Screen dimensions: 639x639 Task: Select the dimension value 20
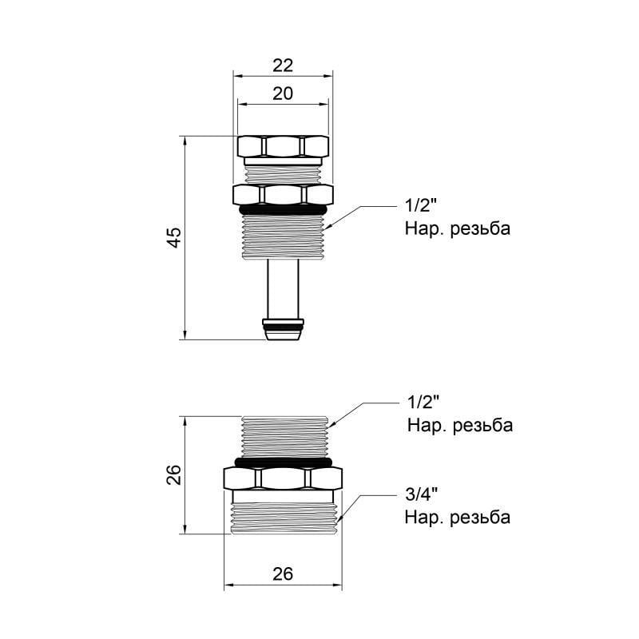(283, 93)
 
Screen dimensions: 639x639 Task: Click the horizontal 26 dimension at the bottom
(283, 574)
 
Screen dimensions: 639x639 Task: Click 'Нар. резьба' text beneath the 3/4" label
(457, 518)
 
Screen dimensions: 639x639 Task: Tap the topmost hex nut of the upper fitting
(283, 146)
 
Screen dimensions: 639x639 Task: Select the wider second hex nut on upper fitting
(283, 193)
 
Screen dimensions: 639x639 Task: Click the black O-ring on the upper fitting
(283, 209)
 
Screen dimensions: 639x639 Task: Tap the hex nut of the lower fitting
(283, 478)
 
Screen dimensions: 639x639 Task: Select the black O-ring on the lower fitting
(283, 462)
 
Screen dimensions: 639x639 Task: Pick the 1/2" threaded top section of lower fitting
(283, 436)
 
